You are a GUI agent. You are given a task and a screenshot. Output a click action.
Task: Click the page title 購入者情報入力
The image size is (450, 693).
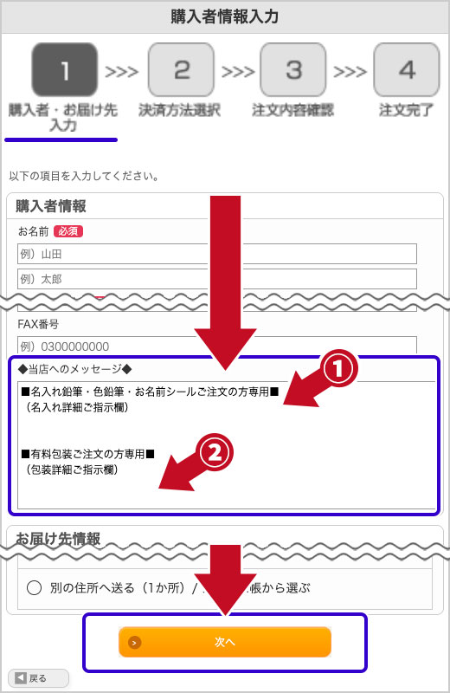pyautogui.click(x=225, y=16)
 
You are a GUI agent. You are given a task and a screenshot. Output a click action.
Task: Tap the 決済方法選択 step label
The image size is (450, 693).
pyautogui.click(x=180, y=111)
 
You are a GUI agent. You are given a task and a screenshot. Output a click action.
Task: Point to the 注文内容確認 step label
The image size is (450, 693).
pyautogui.click(x=292, y=111)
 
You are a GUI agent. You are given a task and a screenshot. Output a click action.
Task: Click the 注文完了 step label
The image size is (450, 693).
pyautogui.click(x=407, y=111)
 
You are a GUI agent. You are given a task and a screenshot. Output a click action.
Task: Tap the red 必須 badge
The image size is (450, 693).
pyautogui.click(x=67, y=231)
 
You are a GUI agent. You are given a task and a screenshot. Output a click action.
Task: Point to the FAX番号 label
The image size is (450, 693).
pyautogui.click(x=40, y=324)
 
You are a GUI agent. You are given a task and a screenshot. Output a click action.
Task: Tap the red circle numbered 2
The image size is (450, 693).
pyautogui.click(x=216, y=450)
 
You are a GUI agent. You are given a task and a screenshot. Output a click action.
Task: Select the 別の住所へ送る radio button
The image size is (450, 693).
pyautogui.click(x=35, y=588)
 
